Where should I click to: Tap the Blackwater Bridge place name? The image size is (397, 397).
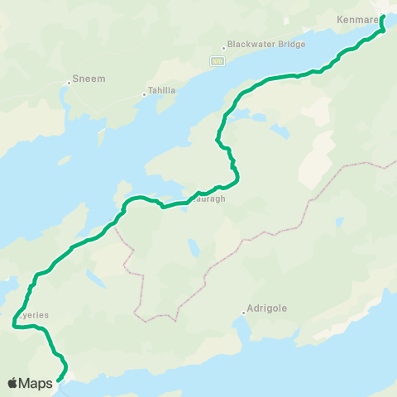point(266,44)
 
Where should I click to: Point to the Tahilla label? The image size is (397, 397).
point(162,90)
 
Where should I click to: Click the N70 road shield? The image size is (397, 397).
point(217,60)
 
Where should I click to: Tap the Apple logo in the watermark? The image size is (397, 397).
point(13,383)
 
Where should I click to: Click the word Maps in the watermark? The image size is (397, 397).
point(38,383)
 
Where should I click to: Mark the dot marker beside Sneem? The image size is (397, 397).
point(69,82)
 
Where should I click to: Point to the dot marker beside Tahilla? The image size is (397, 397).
point(144,94)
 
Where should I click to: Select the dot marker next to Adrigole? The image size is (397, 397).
point(244,313)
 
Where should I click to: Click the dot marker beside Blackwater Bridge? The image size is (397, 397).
point(223,48)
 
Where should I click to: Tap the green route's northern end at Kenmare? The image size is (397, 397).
point(383,17)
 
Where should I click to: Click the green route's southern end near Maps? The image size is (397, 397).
point(60,380)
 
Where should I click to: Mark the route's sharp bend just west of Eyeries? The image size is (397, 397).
point(14,327)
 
